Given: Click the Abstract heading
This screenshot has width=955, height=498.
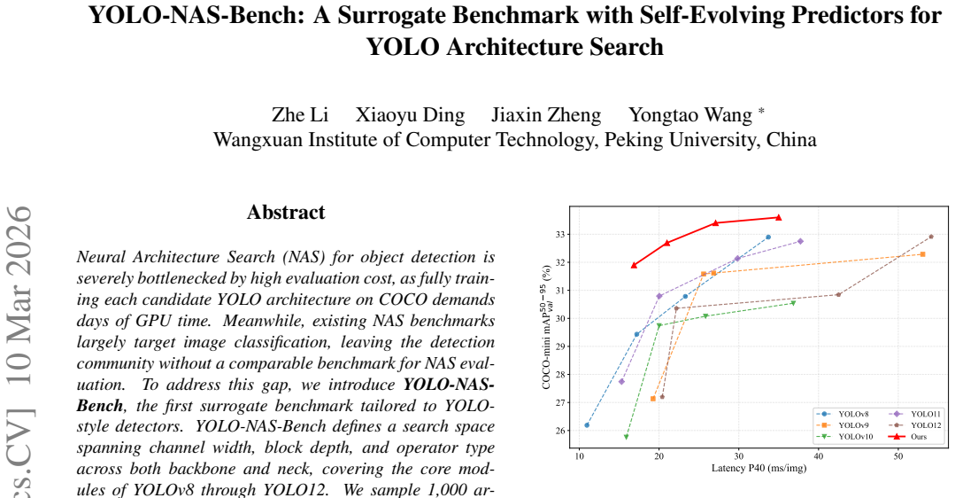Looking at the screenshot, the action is pyautogui.click(x=286, y=212).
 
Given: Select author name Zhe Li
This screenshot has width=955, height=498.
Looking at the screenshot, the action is pyautogui.click(x=300, y=114).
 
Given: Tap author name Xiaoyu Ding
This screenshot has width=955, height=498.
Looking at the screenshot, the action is pyautogui.click(x=410, y=115).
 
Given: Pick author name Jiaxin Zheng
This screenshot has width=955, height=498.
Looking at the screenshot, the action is pyautogui.click(x=546, y=115).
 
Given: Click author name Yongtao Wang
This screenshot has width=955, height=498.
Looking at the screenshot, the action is pyautogui.click(x=690, y=115).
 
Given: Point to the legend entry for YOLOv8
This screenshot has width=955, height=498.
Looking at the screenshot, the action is pyautogui.click(x=843, y=414).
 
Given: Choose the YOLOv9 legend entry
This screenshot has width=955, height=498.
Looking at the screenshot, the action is pyautogui.click(x=843, y=424).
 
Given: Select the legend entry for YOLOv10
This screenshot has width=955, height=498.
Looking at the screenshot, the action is pyautogui.click(x=844, y=437).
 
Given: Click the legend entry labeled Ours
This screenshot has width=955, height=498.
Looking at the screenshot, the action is pyautogui.click(x=907, y=437).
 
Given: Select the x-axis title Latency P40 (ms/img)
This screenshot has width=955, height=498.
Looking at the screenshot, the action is pyautogui.click(x=759, y=468).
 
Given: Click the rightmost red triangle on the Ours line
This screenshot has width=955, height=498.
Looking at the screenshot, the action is pyautogui.click(x=778, y=217).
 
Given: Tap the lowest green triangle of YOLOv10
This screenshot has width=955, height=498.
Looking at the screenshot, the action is pyautogui.click(x=626, y=437).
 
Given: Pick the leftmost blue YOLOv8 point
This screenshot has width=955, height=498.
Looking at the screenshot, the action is pyautogui.click(x=587, y=424).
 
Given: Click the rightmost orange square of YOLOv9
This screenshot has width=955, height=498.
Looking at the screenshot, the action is pyautogui.click(x=923, y=254).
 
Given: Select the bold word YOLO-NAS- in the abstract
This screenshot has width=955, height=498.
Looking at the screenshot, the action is pyautogui.click(x=450, y=385).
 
